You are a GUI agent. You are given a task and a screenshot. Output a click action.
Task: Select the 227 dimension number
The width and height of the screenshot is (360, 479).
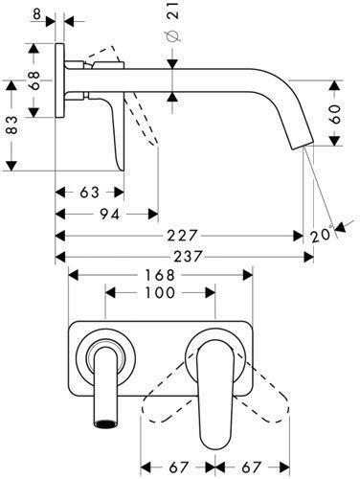183,236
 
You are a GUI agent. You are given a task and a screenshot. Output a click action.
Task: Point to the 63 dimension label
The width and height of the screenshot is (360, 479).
90,193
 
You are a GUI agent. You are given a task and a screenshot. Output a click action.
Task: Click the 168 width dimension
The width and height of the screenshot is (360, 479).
160,275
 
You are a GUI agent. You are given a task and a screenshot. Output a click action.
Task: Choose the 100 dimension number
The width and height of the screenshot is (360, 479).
160,293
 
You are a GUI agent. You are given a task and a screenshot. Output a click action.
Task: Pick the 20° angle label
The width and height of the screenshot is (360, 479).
321,236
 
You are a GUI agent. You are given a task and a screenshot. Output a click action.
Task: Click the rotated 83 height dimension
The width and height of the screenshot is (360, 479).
11,125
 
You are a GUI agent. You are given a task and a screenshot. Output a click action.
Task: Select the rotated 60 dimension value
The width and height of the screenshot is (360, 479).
335,114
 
